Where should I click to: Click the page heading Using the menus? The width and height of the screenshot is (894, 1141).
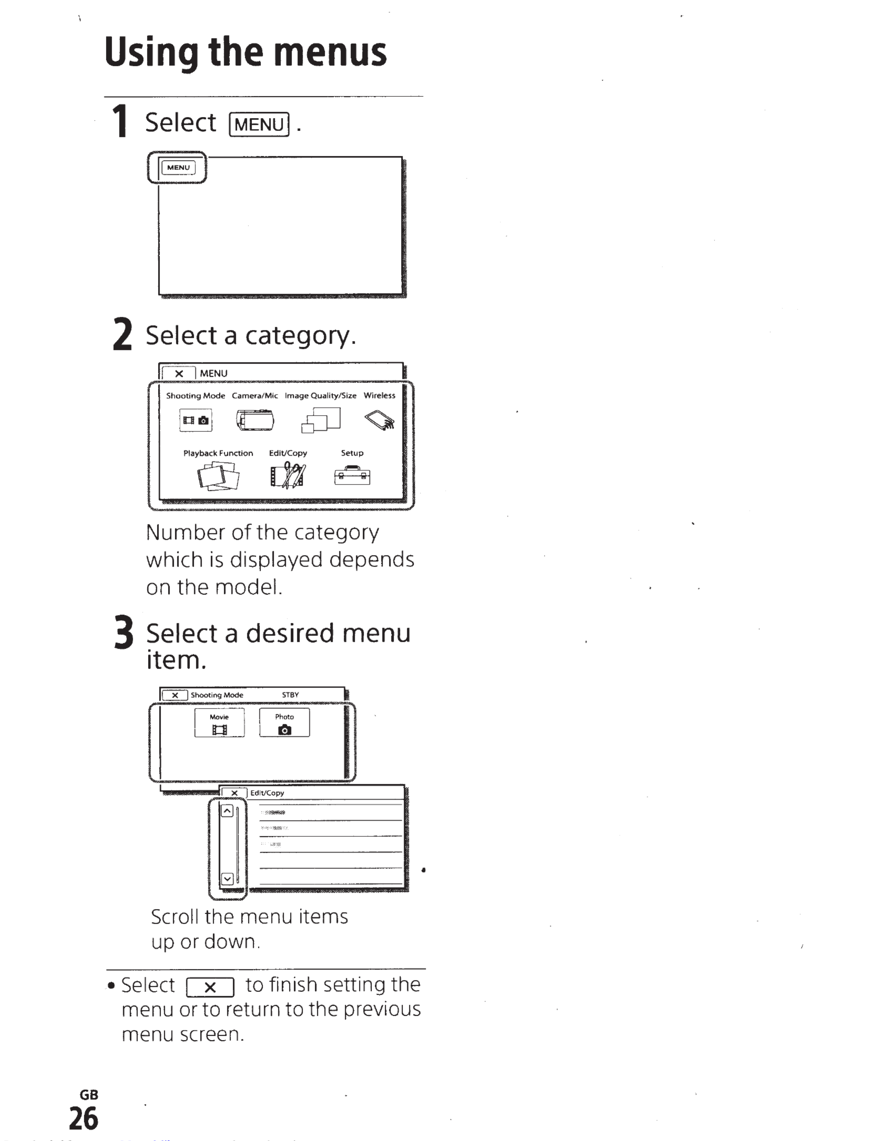click(245, 53)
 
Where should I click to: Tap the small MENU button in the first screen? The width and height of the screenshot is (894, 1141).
click(178, 167)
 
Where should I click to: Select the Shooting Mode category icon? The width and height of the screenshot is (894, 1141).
click(196, 420)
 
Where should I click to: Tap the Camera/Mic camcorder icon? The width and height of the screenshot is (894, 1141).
click(255, 420)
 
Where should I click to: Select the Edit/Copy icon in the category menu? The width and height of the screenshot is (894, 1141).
click(288, 475)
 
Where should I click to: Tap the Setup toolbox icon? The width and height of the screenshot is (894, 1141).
click(352, 475)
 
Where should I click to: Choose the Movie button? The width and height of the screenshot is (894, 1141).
click(219, 723)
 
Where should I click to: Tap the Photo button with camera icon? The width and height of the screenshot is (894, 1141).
click(284, 723)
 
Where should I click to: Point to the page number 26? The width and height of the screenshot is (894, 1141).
click(83, 1118)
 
